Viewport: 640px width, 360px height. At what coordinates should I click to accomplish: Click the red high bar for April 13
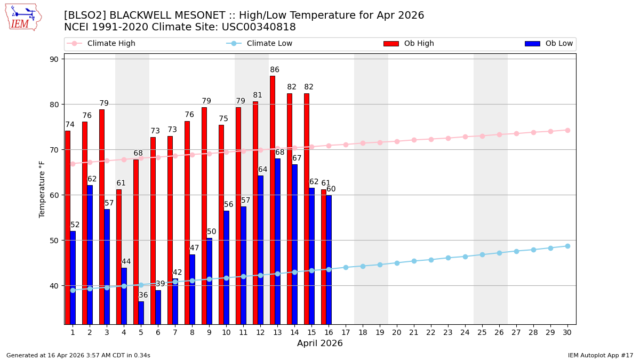(x=273, y=200)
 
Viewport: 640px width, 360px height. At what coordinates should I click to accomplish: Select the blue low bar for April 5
(x=141, y=313)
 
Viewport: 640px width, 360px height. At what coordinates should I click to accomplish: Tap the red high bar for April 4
(x=119, y=256)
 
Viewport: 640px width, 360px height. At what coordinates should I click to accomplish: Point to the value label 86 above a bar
(x=275, y=70)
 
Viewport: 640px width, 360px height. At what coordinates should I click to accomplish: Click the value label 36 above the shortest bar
(x=143, y=295)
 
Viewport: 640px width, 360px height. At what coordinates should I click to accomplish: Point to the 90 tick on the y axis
(x=54, y=59)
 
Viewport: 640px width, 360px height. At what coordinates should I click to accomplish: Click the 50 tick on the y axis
(x=54, y=241)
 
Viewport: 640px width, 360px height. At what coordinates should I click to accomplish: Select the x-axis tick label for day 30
(x=567, y=332)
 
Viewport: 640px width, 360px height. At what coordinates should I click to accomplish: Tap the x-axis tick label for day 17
(x=346, y=332)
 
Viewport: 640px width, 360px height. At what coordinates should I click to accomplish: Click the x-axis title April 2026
(x=320, y=343)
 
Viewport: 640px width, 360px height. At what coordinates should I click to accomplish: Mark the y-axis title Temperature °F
(x=43, y=189)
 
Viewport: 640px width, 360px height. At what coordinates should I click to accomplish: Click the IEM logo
(x=23, y=17)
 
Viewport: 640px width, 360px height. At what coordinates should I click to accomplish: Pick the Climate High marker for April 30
(x=567, y=130)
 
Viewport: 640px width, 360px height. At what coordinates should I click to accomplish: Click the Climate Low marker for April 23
(x=448, y=258)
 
